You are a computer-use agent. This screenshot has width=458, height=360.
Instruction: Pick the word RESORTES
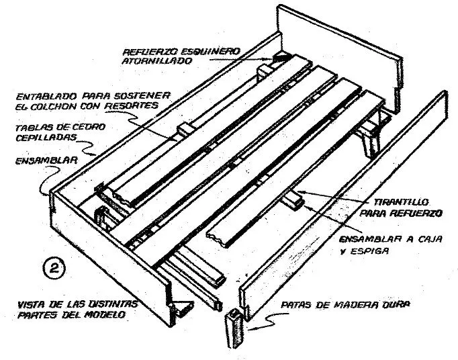pos(130,105)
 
